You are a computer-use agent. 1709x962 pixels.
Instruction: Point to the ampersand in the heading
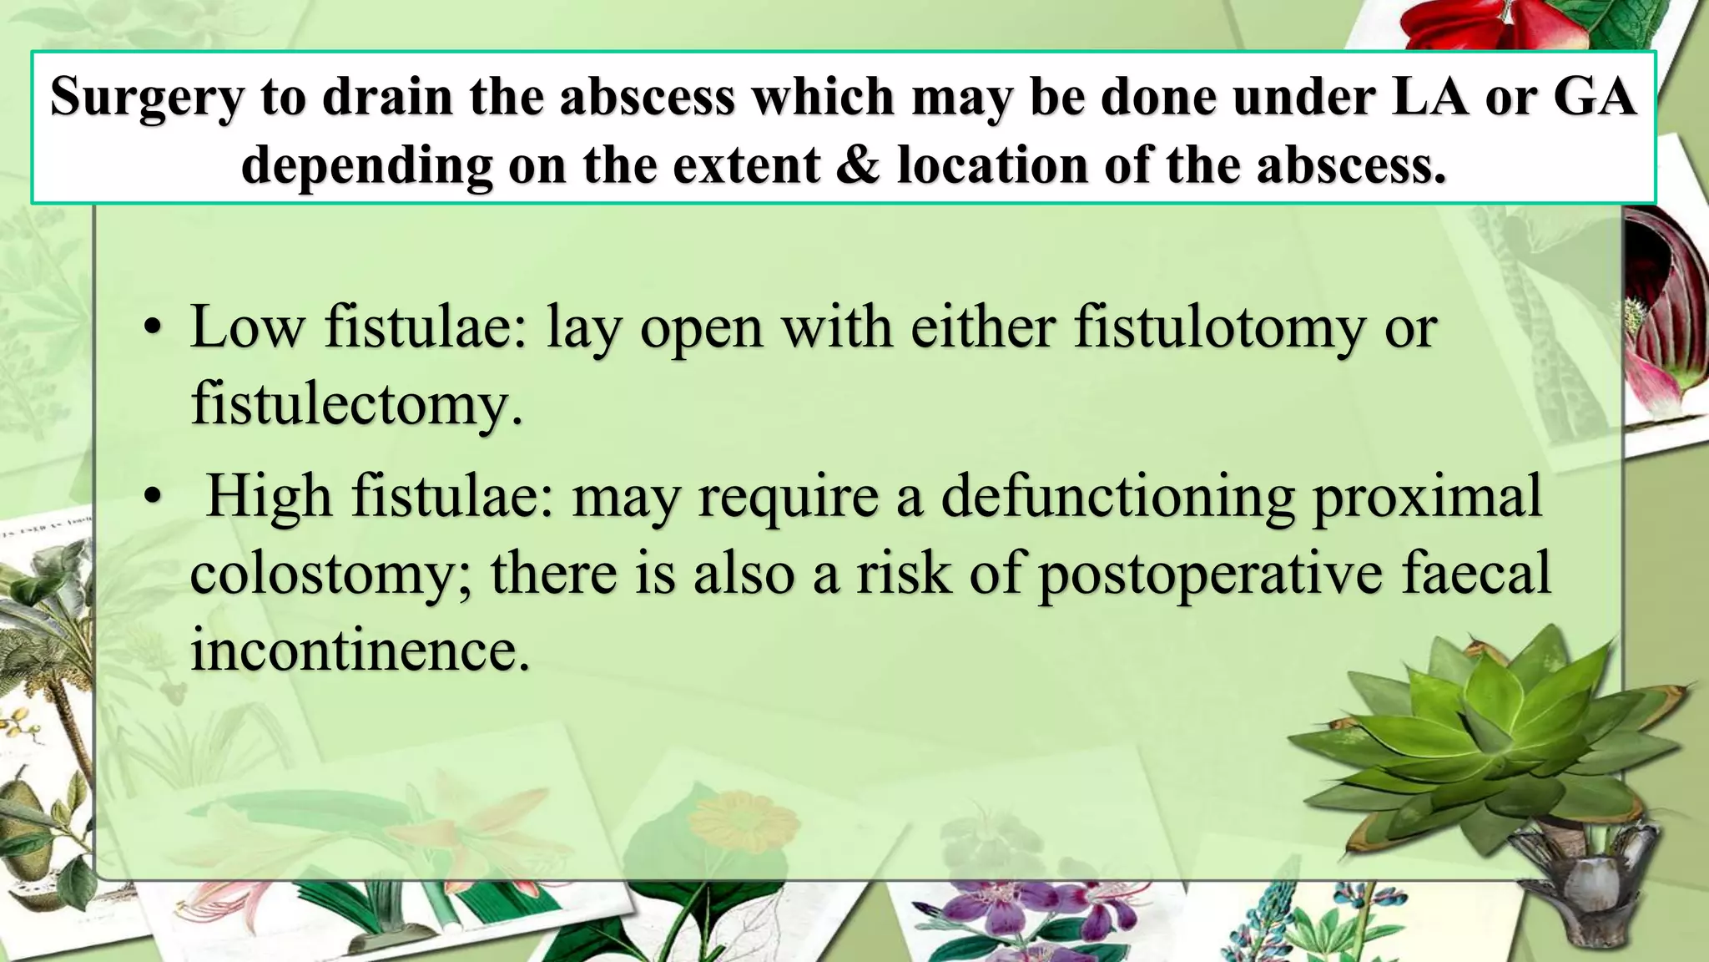(858, 165)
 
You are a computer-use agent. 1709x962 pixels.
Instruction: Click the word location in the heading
(992, 165)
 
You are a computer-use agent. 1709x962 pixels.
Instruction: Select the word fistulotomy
(1220, 327)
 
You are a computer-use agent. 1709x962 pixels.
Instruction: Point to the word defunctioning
(1117, 497)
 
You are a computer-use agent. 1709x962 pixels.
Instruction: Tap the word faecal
(1475, 575)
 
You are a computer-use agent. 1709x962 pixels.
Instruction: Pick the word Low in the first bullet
(248, 327)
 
